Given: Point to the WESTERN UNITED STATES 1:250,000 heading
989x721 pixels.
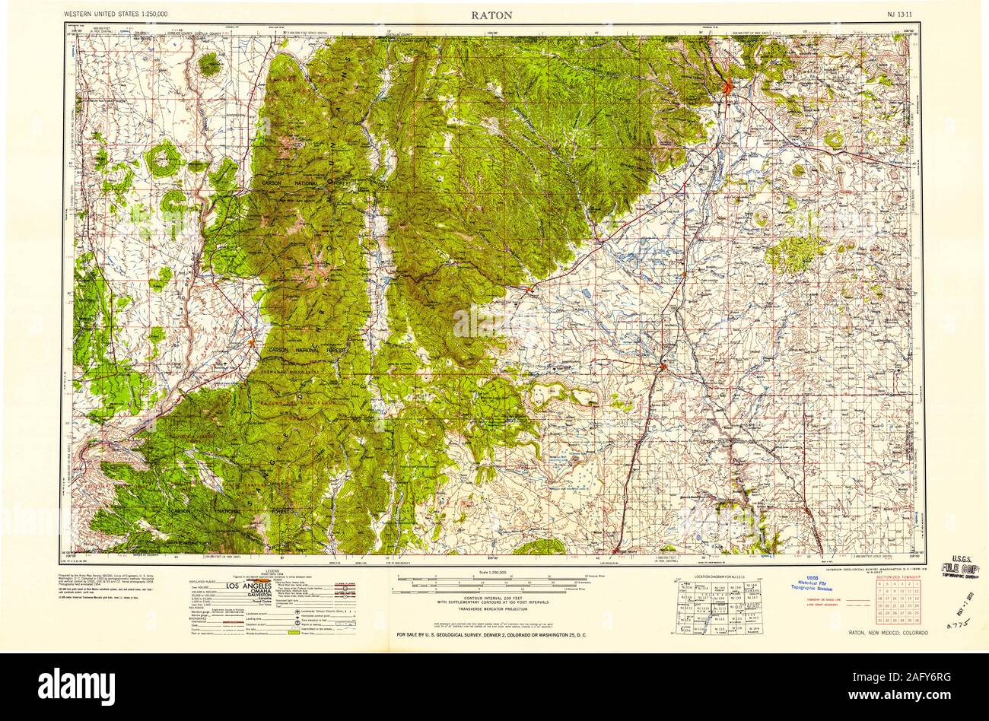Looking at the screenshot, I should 116,14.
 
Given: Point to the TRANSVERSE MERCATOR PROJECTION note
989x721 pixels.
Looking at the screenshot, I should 494,609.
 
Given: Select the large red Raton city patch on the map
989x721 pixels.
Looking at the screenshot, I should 730,87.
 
